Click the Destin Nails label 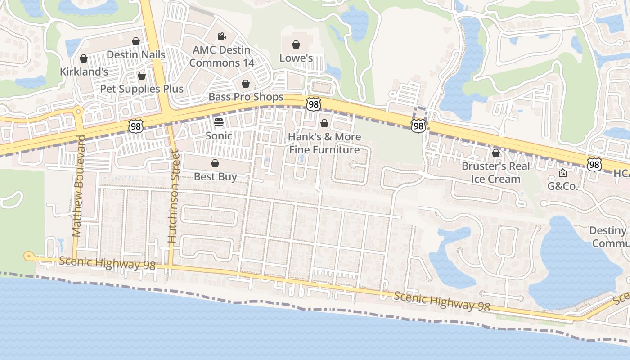click(x=136, y=55)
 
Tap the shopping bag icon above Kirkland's click(x=83, y=58)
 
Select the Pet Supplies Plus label click(x=142, y=89)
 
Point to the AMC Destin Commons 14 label click(x=221, y=56)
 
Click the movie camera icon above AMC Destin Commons click(x=221, y=36)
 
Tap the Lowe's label click(x=296, y=58)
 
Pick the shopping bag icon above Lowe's click(x=296, y=45)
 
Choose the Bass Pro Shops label click(x=246, y=97)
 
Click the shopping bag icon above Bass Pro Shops click(x=246, y=84)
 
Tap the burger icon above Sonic click(x=219, y=122)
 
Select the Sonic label click(x=219, y=135)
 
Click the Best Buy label click(x=215, y=177)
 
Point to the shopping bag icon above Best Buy click(x=215, y=163)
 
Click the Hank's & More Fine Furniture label click(x=324, y=143)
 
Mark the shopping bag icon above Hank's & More click(x=324, y=123)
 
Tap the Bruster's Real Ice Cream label click(x=495, y=172)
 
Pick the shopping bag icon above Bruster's click(x=495, y=153)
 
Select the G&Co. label click(x=562, y=186)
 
